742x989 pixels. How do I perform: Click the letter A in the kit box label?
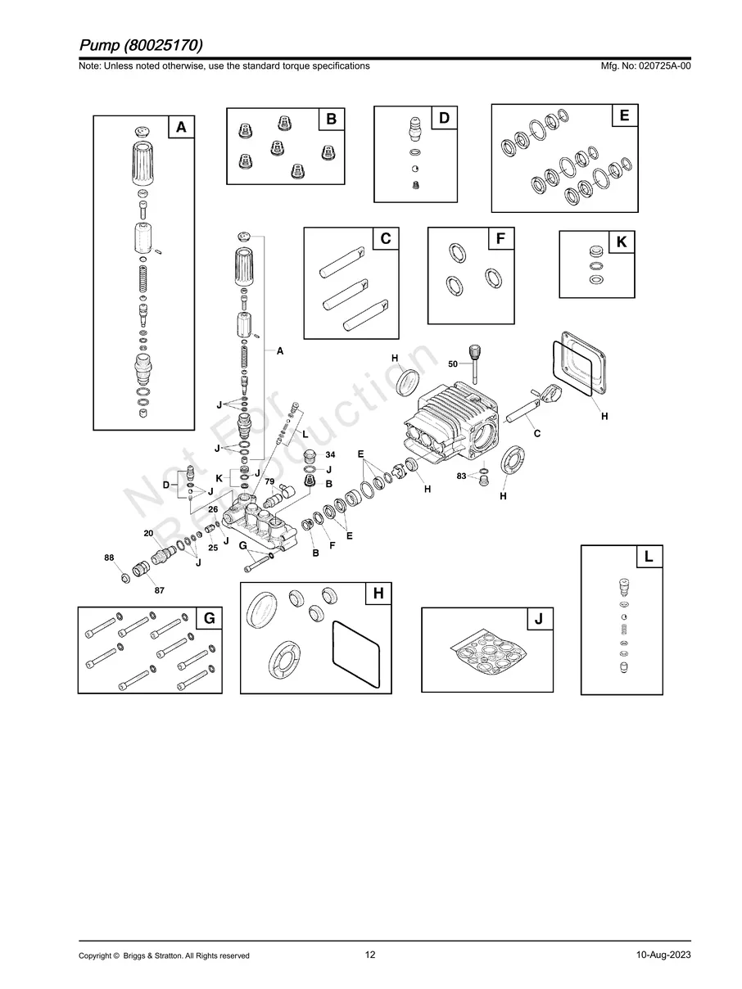pyautogui.click(x=181, y=127)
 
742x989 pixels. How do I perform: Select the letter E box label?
pyautogui.click(x=624, y=115)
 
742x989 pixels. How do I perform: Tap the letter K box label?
pyautogui.click(x=622, y=242)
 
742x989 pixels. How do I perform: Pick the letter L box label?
pyautogui.click(x=649, y=557)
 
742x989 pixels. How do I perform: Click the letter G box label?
pyautogui.click(x=210, y=618)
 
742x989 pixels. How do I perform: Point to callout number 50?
pyautogui.click(x=453, y=364)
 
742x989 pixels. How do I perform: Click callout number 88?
pyautogui.click(x=109, y=558)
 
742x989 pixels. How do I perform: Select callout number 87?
pyautogui.click(x=160, y=590)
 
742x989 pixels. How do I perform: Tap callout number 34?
pyautogui.click(x=330, y=454)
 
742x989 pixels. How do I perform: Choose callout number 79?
pyautogui.click(x=269, y=481)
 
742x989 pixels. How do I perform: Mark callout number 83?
pyautogui.click(x=461, y=476)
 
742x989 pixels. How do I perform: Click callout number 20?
pyautogui.click(x=148, y=533)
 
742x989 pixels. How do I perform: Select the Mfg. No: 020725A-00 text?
pyautogui.click(x=645, y=65)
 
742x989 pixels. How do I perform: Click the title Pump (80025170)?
pyautogui.click(x=141, y=45)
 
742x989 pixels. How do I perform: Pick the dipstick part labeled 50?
pyautogui.click(x=474, y=364)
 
